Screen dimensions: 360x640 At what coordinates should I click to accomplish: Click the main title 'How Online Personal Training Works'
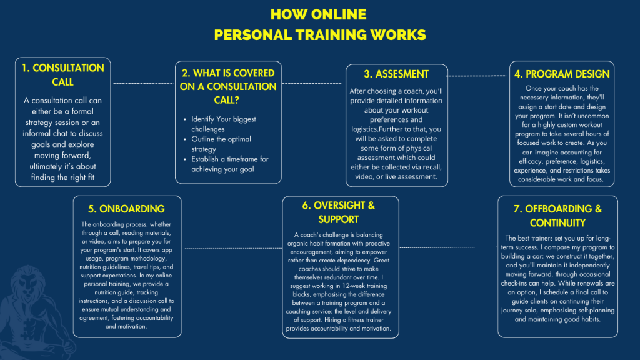(x=319, y=24)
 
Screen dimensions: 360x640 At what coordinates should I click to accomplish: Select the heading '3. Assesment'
(x=396, y=74)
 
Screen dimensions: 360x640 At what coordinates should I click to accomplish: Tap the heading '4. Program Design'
(x=562, y=74)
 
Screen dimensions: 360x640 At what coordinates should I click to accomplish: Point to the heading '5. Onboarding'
(x=127, y=209)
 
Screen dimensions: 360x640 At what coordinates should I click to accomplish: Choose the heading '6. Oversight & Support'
(x=339, y=212)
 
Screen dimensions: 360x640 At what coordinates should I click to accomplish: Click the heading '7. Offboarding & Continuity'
(x=557, y=216)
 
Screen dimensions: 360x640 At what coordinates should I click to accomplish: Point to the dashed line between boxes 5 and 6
(x=232, y=248)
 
